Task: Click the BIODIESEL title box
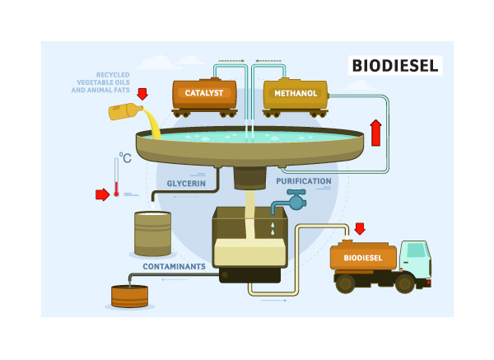[394, 65]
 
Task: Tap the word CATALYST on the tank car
[205, 93]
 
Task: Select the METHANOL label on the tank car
[295, 93]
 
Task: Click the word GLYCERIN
[185, 183]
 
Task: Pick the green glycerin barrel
[152, 233]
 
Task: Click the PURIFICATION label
[304, 181]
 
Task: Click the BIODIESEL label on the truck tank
[362, 258]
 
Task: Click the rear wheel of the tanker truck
[346, 283]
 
